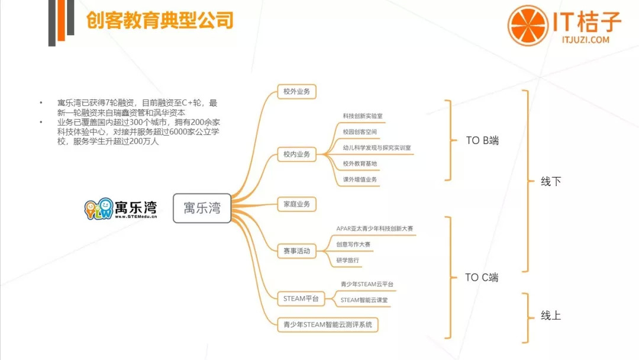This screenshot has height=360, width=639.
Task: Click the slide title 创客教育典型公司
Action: (x=159, y=21)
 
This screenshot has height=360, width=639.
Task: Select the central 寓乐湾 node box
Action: (x=202, y=208)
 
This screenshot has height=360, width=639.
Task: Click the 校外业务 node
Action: (x=296, y=92)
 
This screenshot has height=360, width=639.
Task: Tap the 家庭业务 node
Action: (x=296, y=204)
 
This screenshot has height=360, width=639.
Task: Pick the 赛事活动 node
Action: (x=296, y=250)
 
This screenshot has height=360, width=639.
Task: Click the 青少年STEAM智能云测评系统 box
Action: (x=328, y=324)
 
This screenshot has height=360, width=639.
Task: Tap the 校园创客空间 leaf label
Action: (x=360, y=131)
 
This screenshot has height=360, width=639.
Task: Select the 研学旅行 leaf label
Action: (x=347, y=260)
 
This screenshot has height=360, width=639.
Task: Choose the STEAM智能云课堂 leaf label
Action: (x=364, y=300)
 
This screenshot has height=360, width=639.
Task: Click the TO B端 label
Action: (x=482, y=141)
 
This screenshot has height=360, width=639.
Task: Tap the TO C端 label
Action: (x=482, y=277)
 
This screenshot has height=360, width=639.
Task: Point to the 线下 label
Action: (x=550, y=182)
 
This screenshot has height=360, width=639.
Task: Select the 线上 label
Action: (x=550, y=316)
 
